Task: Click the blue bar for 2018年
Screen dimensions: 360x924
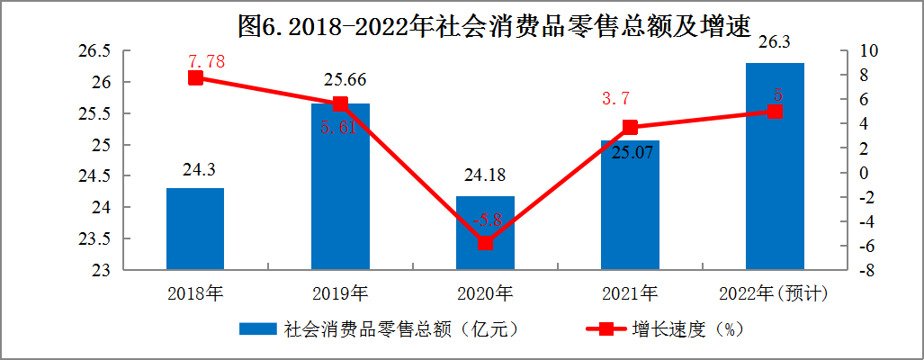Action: coord(195,229)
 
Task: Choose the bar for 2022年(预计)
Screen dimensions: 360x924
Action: coord(775,166)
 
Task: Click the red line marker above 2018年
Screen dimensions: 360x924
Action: coord(195,77)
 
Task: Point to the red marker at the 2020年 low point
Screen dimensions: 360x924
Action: coord(485,243)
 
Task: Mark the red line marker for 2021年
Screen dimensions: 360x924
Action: coord(630,128)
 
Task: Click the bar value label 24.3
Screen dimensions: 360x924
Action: coord(195,169)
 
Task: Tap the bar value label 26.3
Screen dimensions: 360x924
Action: coord(775,41)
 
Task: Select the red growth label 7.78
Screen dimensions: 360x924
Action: coord(206,62)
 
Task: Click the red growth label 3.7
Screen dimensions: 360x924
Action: coord(620,97)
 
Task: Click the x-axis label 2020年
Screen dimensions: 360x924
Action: coord(485,293)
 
